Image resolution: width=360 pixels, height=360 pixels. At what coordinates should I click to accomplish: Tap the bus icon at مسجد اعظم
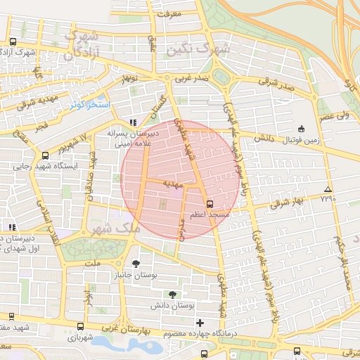(x=210, y=202)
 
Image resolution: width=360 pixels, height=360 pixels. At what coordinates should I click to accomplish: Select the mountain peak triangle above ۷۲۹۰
(x=328, y=190)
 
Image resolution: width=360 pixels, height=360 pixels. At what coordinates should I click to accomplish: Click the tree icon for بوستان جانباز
(x=136, y=264)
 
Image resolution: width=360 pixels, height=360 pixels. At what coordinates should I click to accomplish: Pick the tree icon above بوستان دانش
(x=173, y=295)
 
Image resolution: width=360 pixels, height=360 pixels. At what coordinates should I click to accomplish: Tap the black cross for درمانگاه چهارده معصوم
(x=200, y=322)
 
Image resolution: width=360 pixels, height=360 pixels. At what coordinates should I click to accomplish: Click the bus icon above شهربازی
(x=81, y=326)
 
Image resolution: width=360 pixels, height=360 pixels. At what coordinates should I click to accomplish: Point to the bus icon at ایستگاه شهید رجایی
(x=46, y=155)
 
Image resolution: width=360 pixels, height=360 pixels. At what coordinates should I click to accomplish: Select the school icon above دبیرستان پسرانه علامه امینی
(x=133, y=122)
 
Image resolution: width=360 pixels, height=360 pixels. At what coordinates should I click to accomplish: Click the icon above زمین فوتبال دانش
(x=302, y=129)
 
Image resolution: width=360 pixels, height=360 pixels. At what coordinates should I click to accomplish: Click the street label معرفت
(x=169, y=13)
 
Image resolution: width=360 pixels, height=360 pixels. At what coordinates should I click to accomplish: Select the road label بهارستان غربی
(x=127, y=328)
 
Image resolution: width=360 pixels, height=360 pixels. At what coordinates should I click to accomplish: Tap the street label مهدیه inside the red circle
(x=172, y=184)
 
